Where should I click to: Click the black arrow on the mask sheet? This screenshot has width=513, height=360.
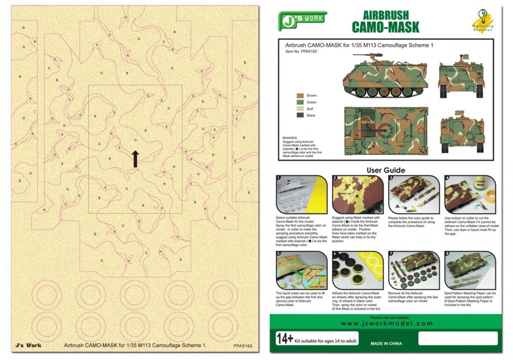(x=135, y=159)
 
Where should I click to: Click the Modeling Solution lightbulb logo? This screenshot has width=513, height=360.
(x=483, y=21)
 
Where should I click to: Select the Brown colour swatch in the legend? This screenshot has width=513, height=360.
(x=300, y=96)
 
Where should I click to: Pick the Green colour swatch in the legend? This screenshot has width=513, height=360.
(x=300, y=102)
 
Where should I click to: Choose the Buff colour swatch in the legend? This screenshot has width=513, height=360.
(x=300, y=109)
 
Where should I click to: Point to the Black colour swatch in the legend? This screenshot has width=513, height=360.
(x=300, y=115)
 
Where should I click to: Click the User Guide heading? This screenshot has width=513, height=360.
(x=386, y=171)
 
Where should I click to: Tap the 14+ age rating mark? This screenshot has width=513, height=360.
(x=285, y=339)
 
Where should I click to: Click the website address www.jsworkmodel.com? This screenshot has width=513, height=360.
(x=386, y=324)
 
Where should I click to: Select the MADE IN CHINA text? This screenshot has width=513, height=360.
(x=386, y=343)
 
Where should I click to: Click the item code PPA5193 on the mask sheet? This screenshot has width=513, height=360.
(x=242, y=346)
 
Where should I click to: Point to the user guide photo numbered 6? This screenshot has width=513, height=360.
(x=358, y=270)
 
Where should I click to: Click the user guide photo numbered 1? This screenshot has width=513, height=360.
(x=302, y=195)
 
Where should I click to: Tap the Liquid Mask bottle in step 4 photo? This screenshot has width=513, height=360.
(x=481, y=186)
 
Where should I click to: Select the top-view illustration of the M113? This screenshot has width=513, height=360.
(x=386, y=131)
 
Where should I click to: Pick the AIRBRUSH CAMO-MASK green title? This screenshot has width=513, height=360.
(x=385, y=22)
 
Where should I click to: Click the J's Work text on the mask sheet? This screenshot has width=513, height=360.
(x=28, y=345)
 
